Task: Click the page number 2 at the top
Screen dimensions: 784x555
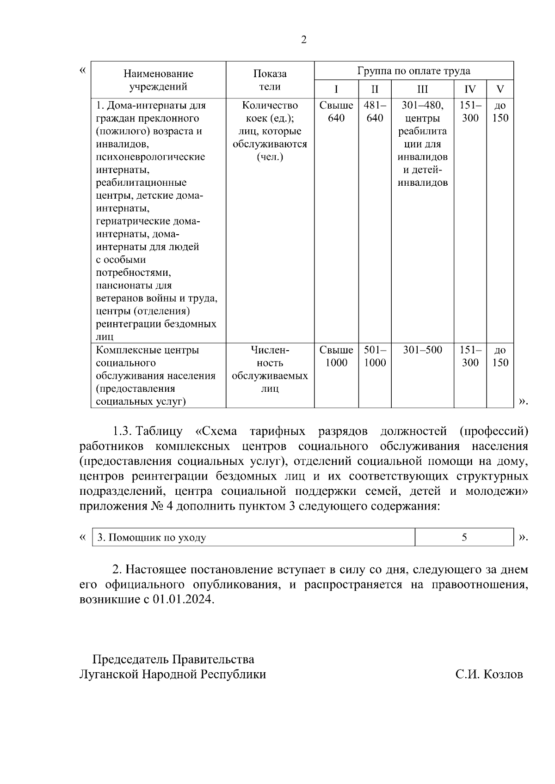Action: [x=303, y=40]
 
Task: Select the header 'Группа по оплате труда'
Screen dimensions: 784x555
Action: [x=413, y=71]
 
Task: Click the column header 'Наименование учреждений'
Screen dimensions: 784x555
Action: [x=158, y=80]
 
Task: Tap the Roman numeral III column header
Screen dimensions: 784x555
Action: [x=422, y=89]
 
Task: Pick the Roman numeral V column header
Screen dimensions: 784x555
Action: [x=500, y=89]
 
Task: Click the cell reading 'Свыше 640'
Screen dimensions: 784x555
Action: [x=336, y=112]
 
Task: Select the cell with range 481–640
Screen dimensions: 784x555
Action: [x=375, y=112]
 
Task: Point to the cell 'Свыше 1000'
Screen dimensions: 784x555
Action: [x=336, y=356]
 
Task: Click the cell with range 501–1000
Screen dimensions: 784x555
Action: [x=375, y=356]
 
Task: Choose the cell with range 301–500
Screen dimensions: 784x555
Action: [x=422, y=350]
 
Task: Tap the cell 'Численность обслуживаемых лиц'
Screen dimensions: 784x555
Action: [x=270, y=369]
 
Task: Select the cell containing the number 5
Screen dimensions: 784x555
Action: [x=464, y=537]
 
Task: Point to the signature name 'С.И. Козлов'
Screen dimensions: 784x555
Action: [x=489, y=675]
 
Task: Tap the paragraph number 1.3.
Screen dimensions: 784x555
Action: [x=123, y=432]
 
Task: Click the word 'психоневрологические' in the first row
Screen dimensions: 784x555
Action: [x=150, y=157]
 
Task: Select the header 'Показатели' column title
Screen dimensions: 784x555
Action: [x=270, y=80]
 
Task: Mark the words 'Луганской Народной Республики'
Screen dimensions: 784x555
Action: [x=173, y=675]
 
